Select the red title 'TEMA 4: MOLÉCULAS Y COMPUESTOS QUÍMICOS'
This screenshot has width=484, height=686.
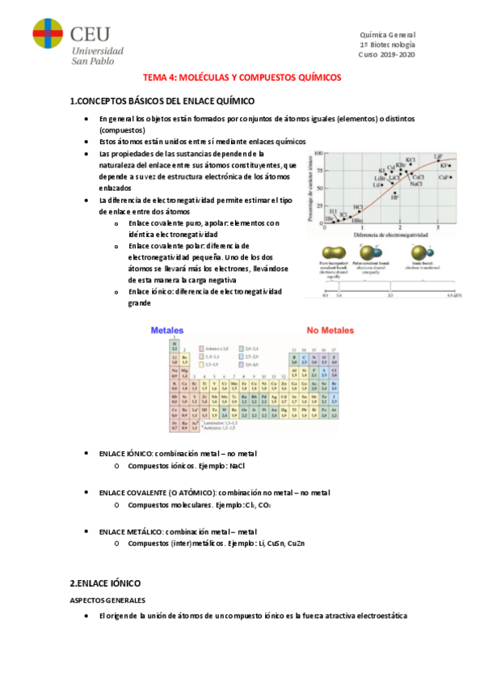coord(242,78)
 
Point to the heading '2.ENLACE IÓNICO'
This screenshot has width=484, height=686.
coord(105,582)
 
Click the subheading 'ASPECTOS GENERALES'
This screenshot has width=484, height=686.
coord(107,600)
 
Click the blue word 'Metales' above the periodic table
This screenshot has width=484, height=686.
coord(167,331)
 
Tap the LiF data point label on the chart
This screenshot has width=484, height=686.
coord(438,156)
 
